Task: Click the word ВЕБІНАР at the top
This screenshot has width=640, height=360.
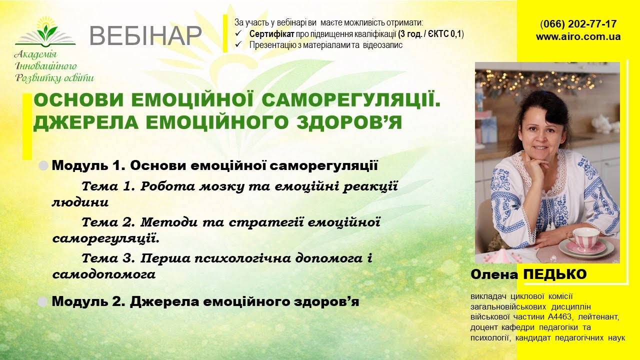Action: (x=145, y=35)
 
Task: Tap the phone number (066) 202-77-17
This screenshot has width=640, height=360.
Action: (x=578, y=24)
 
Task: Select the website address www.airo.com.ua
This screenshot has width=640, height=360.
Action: (x=578, y=36)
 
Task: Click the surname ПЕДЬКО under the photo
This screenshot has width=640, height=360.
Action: (x=554, y=274)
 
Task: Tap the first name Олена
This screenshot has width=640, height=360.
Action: (x=494, y=274)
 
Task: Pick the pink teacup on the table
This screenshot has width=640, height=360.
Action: (x=582, y=238)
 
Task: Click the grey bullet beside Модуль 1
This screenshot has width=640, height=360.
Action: (x=44, y=165)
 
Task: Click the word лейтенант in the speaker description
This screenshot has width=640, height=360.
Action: (x=598, y=317)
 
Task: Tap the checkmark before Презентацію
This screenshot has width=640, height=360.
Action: (x=239, y=45)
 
